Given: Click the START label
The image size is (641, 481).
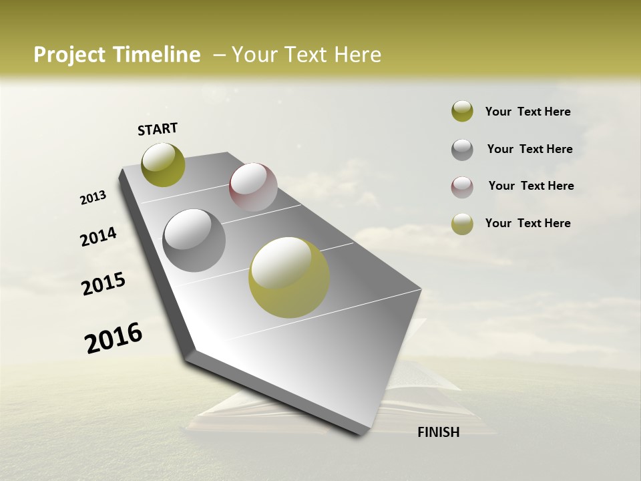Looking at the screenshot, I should [x=158, y=129].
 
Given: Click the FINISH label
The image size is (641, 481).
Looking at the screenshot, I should [x=438, y=432].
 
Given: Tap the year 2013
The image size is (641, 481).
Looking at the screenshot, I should [x=93, y=198].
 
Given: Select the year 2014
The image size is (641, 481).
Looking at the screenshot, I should [x=98, y=236].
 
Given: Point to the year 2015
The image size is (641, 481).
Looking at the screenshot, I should [x=103, y=284].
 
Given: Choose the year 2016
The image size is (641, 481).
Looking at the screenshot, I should [x=114, y=338].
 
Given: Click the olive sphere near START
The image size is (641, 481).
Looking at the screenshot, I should [x=163, y=164].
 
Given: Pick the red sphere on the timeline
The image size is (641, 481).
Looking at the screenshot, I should [x=253, y=187].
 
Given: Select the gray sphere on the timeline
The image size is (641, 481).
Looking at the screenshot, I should [x=194, y=240].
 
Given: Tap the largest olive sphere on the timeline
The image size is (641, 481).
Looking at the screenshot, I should [x=289, y=277].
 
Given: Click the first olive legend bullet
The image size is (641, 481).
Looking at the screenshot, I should [x=462, y=112].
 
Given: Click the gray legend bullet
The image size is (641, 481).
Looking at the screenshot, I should [x=462, y=149].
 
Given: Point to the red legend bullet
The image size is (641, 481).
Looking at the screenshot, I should [x=462, y=186].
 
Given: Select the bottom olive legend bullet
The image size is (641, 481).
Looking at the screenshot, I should [x=462, y=224].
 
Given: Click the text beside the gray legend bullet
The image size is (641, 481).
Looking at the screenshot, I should [x=529, y=149].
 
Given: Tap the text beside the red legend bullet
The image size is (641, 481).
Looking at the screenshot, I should [x=531, y=186].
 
